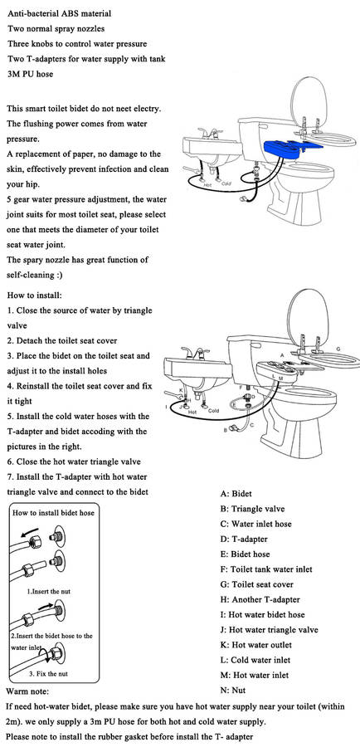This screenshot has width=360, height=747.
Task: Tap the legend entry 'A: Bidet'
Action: pos(236,494)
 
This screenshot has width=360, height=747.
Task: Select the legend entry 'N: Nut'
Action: pos(233,691)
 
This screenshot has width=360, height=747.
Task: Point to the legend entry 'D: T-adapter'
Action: pos(244,539)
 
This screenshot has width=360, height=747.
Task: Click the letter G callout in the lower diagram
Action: pos(338,349)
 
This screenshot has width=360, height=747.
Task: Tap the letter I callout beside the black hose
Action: pos(166,407)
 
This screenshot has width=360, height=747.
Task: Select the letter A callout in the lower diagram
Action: pos(282,355)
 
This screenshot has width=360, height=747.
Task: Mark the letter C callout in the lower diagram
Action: pos(252,424)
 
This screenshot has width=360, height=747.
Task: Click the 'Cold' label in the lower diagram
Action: pos(213,411)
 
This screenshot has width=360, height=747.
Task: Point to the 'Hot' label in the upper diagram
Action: pos(207,184)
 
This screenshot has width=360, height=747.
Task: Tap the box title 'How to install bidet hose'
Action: pos(53,513)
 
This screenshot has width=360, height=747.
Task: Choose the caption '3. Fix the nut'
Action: pos(49,674)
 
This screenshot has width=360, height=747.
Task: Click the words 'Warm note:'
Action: pos(27,691)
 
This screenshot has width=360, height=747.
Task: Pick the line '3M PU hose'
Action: pos(31,74)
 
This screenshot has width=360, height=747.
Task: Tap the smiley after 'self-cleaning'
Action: pos(59,276)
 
